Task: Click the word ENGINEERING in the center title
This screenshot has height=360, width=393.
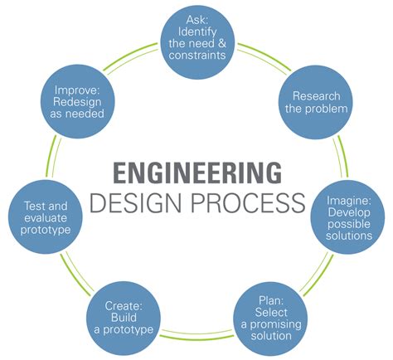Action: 197,173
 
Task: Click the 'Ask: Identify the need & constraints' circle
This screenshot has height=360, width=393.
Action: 197,42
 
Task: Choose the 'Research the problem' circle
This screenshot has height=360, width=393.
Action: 316,102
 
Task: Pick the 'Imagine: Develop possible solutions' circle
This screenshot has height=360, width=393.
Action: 347,217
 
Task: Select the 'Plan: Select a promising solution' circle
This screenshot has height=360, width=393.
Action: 270,319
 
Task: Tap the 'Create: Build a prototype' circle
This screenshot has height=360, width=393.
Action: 124,318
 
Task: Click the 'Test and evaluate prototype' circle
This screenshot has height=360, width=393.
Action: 46,217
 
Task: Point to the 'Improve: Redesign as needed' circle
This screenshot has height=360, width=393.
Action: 78,101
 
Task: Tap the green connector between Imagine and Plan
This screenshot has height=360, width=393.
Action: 317,275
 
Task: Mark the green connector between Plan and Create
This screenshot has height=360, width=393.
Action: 197,335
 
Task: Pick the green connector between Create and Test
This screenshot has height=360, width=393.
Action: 77,274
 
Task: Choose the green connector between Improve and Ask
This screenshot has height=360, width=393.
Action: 130,58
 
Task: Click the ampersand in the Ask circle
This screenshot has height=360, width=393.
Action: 221,43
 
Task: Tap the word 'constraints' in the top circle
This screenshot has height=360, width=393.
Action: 197,55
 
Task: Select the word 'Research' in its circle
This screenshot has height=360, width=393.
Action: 317,96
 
